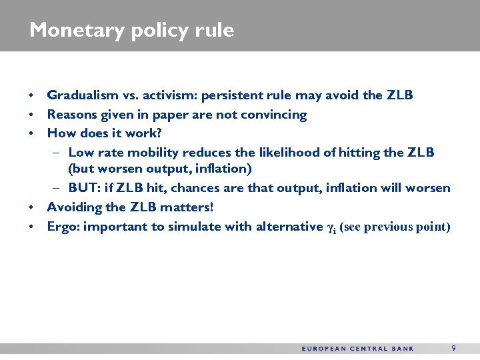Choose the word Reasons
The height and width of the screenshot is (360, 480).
(x=71, y=115)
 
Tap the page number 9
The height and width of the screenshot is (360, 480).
(x=453, y=348)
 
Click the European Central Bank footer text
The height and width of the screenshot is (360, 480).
(x=357, y=349)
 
